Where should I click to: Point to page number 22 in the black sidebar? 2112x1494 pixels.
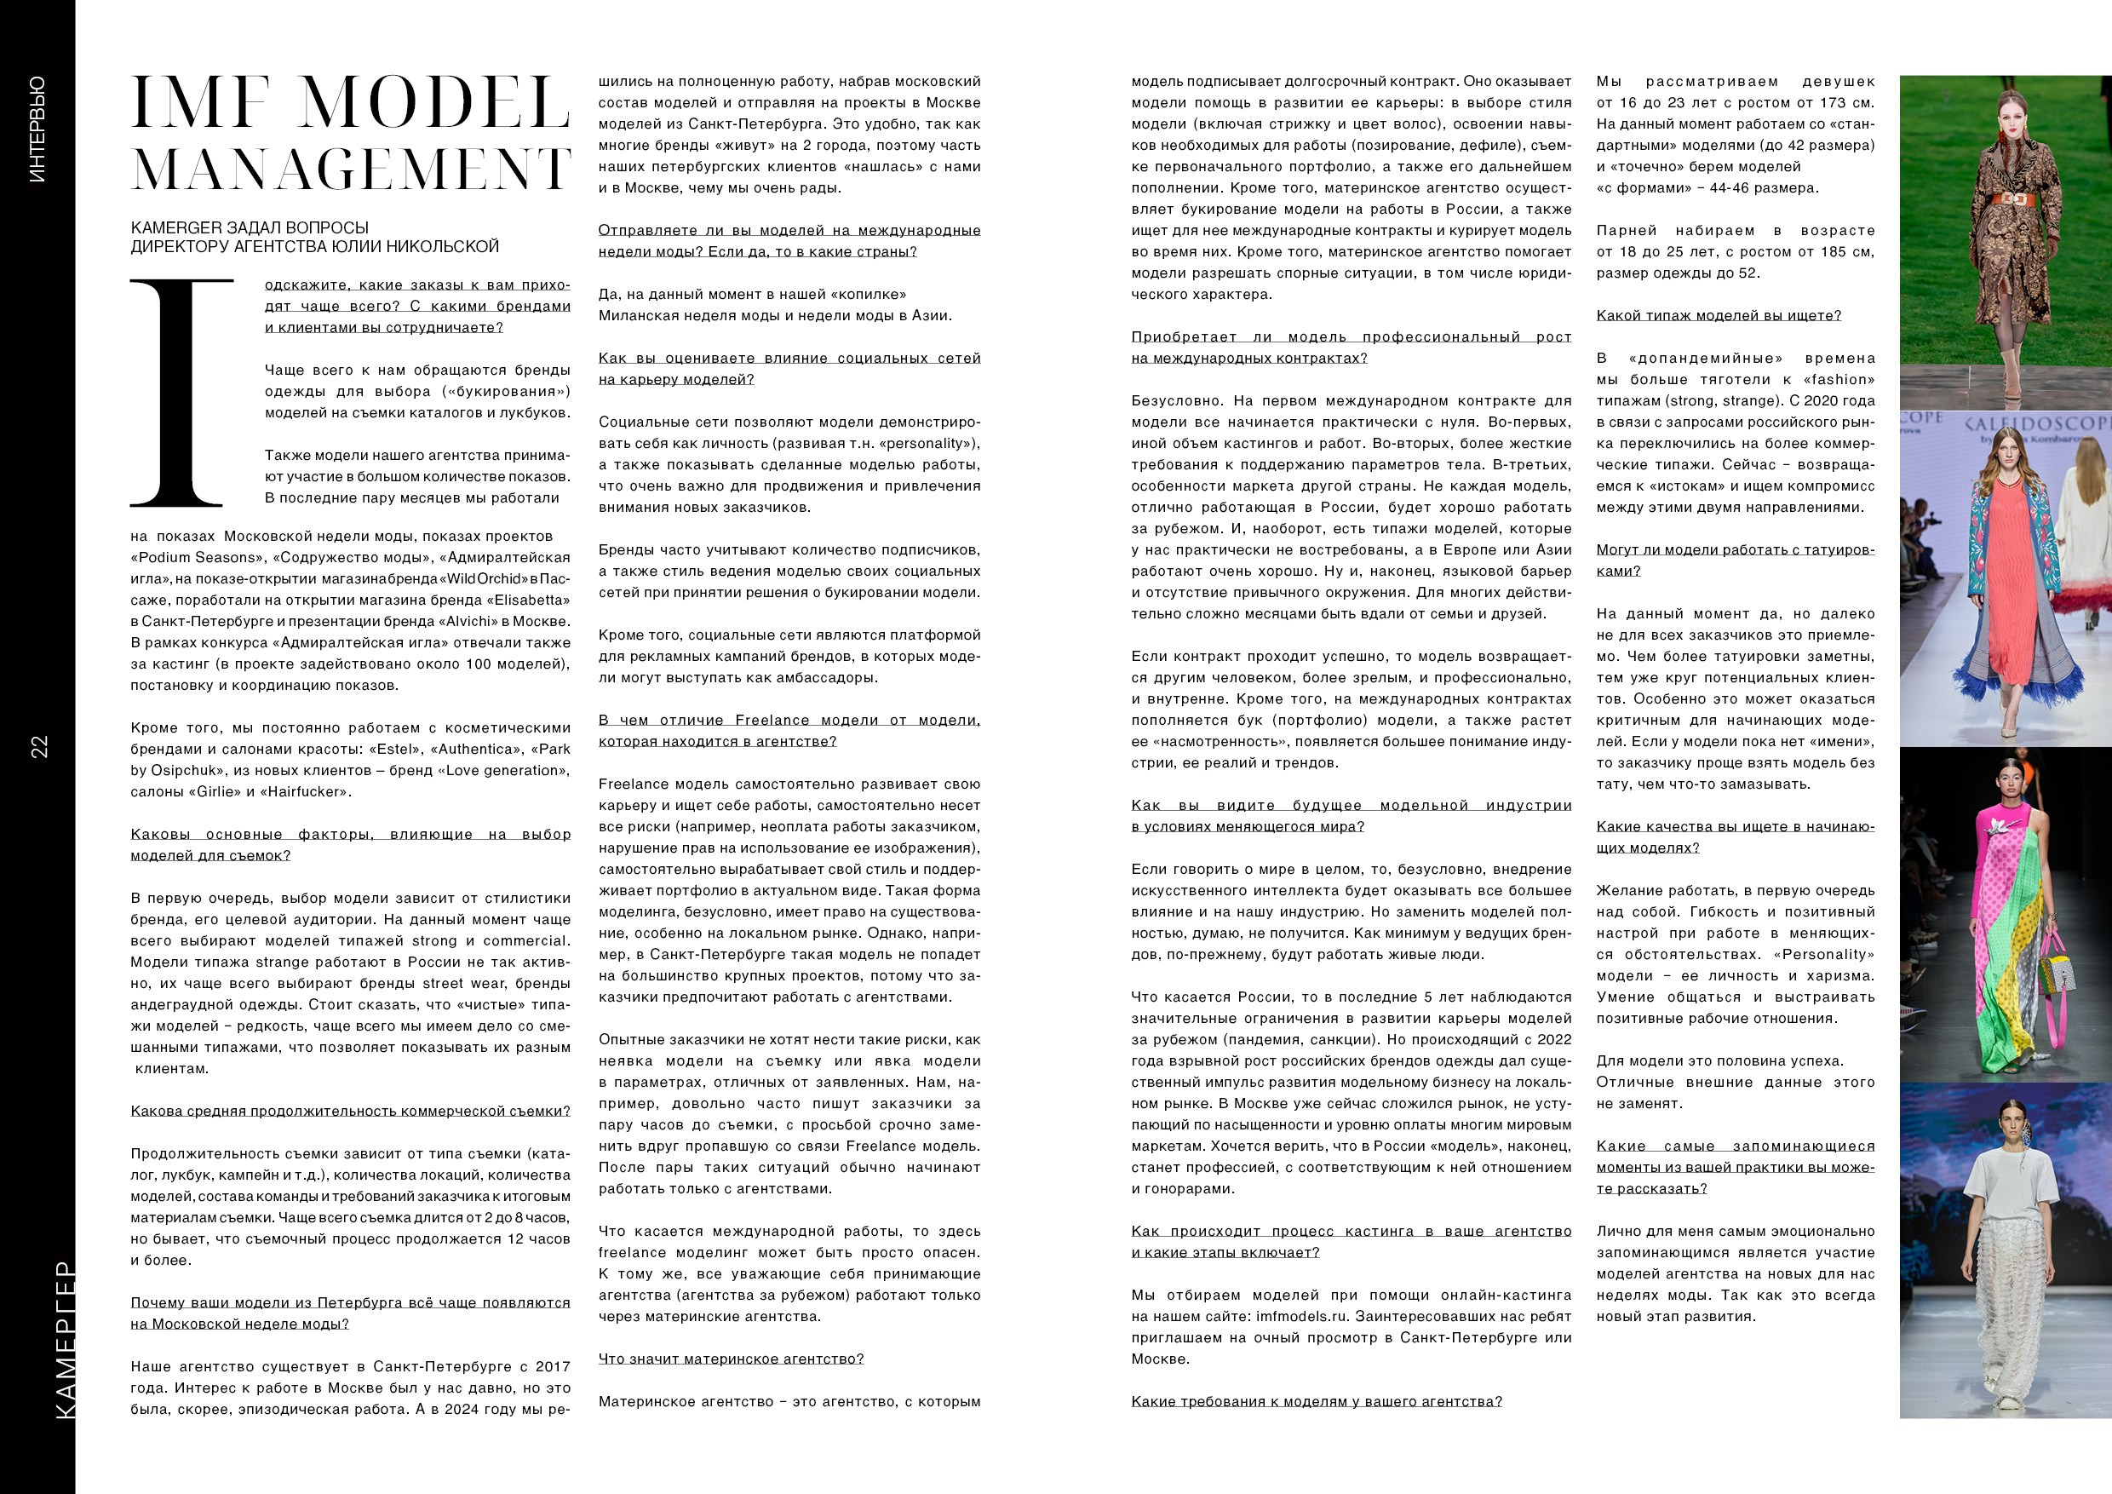coord(39,745)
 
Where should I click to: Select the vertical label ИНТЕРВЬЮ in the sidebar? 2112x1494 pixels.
coord(37,129)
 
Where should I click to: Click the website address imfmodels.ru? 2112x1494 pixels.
coord(1302,1317)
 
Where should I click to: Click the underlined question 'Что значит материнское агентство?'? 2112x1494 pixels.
coord(732,1359)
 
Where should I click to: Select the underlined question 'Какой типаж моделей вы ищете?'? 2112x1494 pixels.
coord(1719,315)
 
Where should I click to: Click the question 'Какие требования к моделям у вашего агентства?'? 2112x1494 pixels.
coord(1317,1401)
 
